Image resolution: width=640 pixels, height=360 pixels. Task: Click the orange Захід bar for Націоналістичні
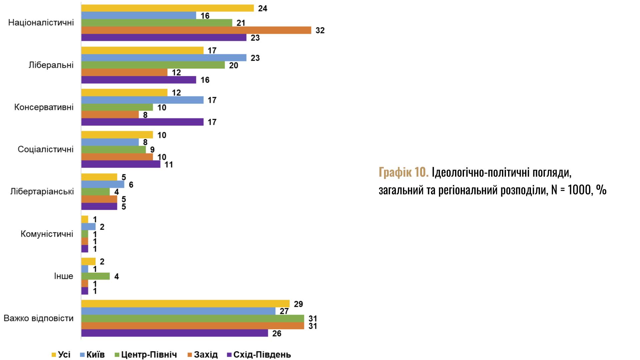(196, 30)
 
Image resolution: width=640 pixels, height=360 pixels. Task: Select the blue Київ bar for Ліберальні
(164, 58)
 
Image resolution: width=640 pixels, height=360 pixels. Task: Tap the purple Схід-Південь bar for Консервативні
(142, 122)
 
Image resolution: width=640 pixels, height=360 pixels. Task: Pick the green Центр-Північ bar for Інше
(95, 276)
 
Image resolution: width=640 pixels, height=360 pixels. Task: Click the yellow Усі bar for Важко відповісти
(185, 304)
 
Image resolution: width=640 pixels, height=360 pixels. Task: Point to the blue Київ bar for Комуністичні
(88, 227)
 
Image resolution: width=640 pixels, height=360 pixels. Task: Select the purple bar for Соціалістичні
(121, 164)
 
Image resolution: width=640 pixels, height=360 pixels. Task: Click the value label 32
(320, 30)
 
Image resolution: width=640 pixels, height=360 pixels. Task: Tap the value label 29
(298, 304)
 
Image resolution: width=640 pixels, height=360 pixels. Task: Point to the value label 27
(284, 311)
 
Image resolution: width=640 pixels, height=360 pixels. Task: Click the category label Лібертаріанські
(42, 192)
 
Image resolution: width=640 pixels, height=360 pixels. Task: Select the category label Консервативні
(44, 107)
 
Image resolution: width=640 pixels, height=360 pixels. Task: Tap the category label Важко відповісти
(38, 318)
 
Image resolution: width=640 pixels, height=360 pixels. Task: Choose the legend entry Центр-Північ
(149, 355)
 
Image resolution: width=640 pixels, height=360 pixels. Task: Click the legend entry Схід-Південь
(262, 355)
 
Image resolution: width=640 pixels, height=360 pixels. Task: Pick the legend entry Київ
(95, 355)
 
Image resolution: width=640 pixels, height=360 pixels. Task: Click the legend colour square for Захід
(190, 355)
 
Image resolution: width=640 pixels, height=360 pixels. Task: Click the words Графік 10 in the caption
(403, 173)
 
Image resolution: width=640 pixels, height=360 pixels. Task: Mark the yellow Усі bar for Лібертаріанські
(99, 177)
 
